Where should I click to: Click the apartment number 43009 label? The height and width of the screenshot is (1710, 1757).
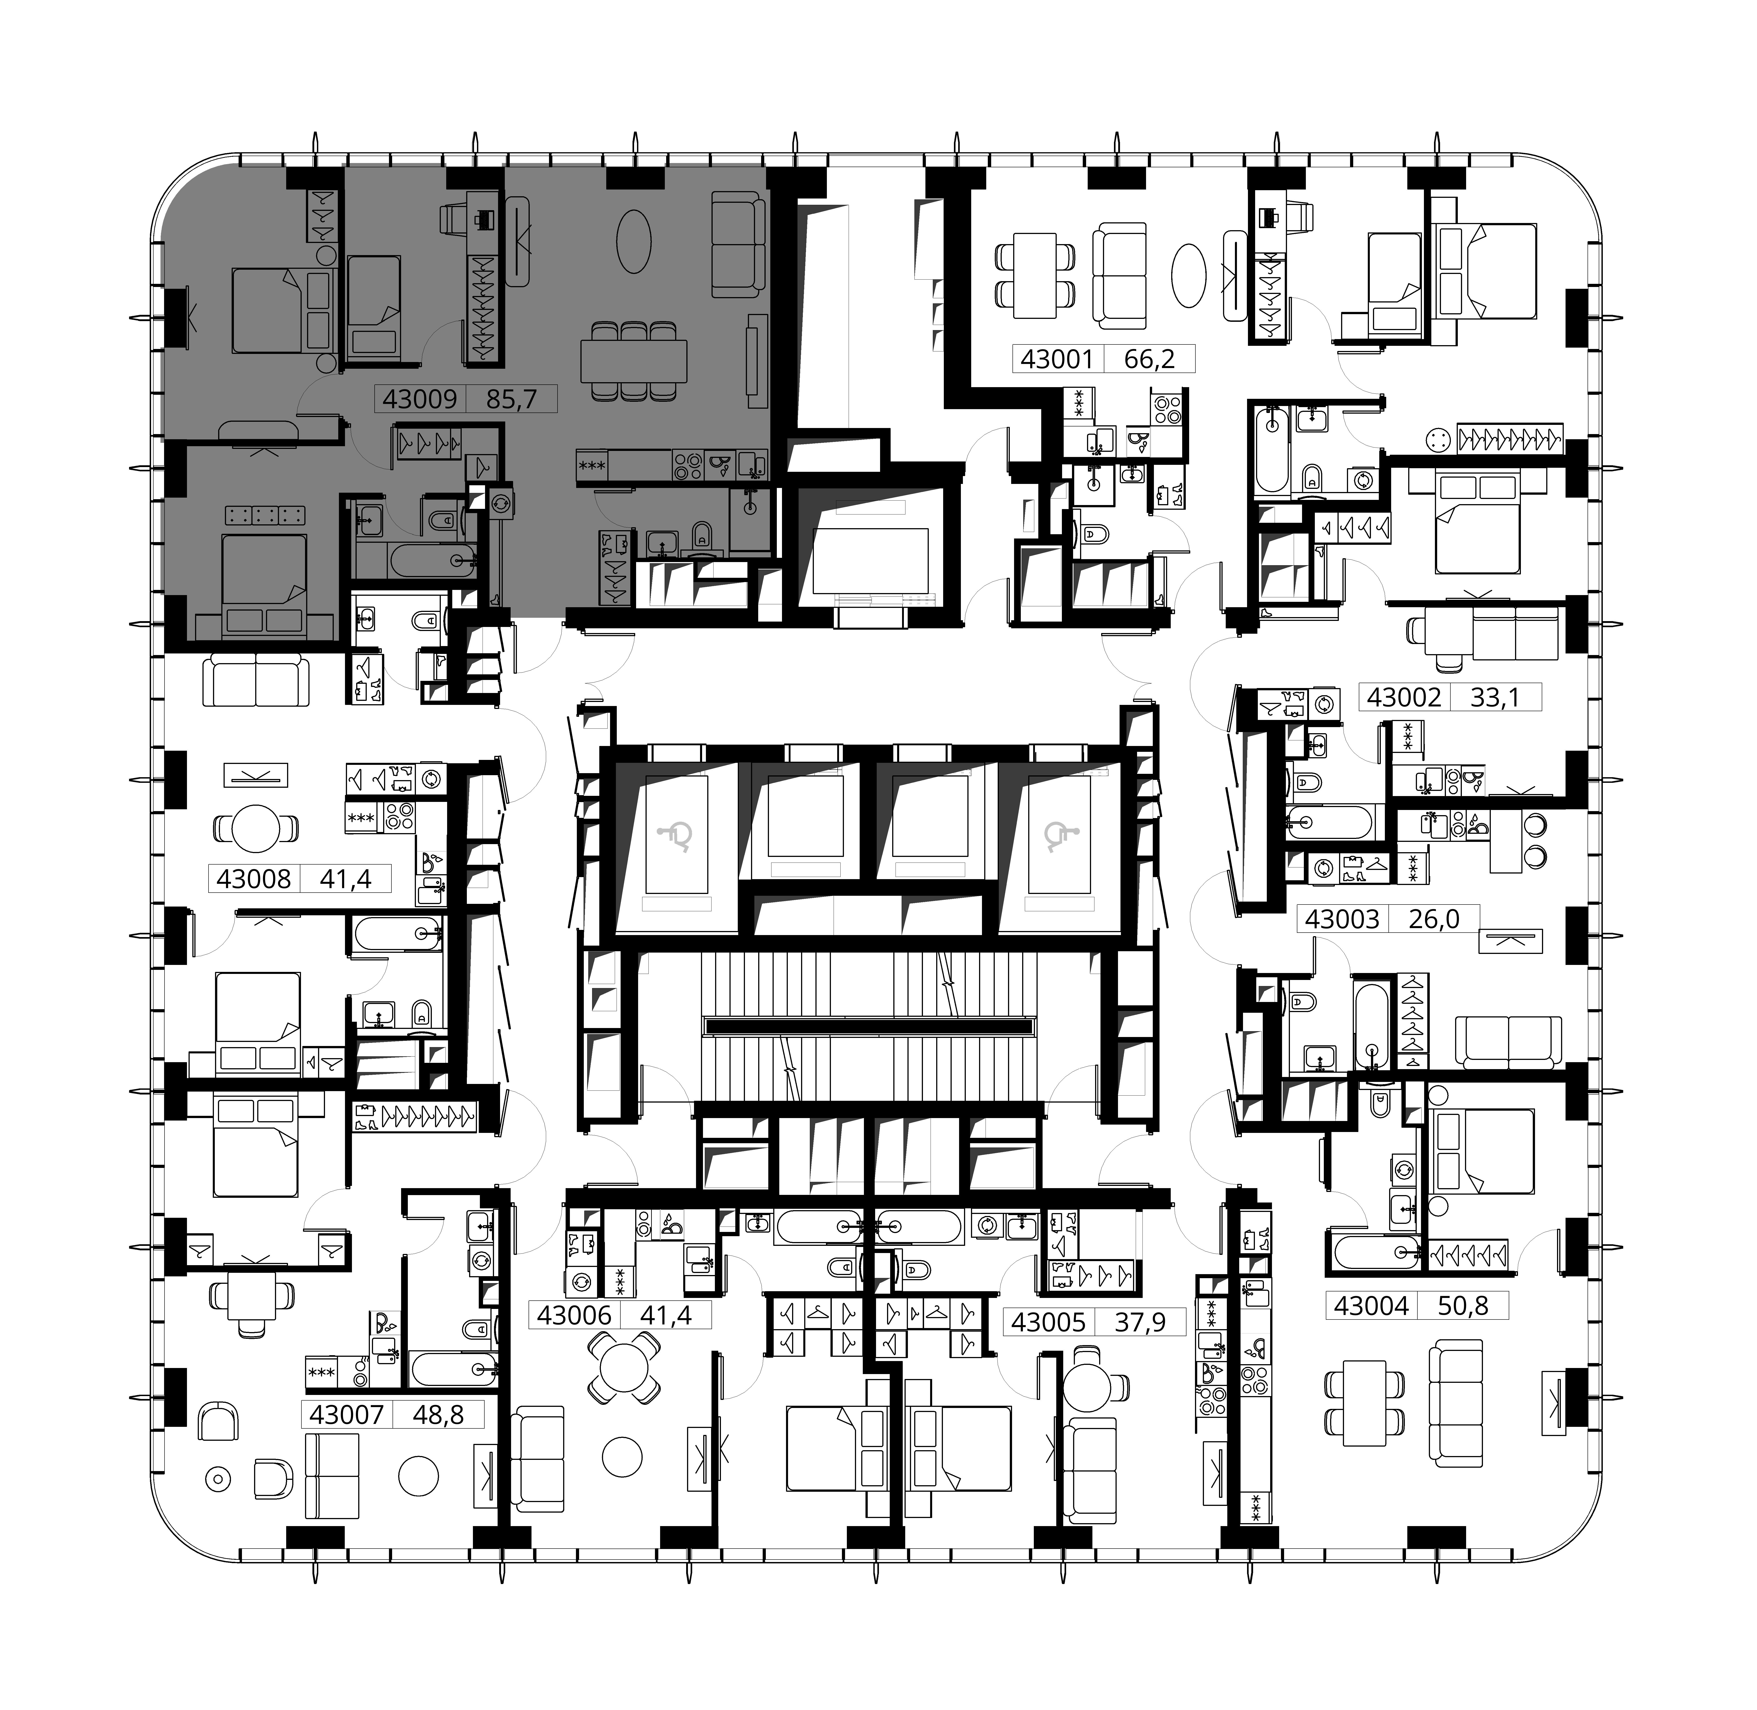pos(420,399)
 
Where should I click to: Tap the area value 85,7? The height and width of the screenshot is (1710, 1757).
pos(512,399)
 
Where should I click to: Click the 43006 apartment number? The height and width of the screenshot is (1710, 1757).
pos(575,1316)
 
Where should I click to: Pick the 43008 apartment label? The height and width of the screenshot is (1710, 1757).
pos(254,878)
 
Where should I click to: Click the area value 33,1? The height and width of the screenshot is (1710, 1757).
pos(1495,697)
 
